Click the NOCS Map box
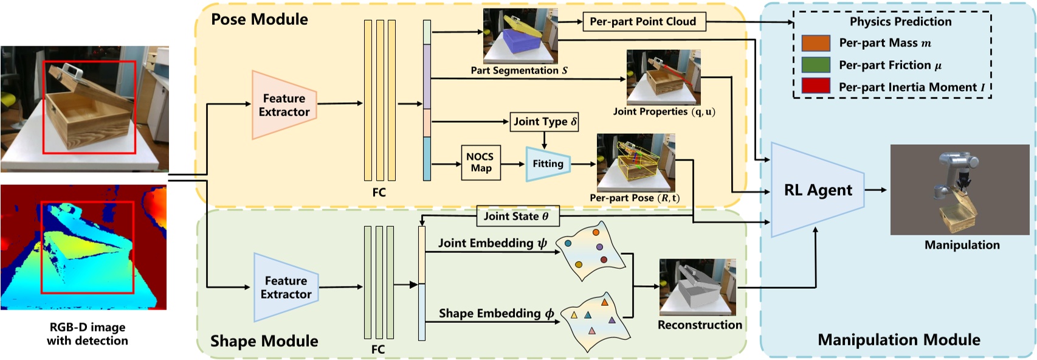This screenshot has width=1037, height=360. [x=481, y=162]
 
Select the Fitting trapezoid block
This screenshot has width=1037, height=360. [x=548, y=164]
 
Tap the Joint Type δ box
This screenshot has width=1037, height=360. [x=544, y=122]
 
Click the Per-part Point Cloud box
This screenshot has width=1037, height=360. [x=643, y=22]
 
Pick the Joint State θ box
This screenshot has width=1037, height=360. [x=517, y=216]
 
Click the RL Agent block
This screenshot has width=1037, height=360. [x=817, y=190]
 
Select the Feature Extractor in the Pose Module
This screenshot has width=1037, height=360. [x=284, y=105]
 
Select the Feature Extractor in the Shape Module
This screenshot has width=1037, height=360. [x=286, y=288]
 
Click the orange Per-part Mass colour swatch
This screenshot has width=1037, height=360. [x=815, y=43]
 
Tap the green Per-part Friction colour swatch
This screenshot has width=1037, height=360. [x=815, y=64]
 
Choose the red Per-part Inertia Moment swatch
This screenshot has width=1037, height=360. [x=815, y=86]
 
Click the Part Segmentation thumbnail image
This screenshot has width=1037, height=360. [x=520, y=36]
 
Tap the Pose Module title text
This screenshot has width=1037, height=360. [x=260, y=19]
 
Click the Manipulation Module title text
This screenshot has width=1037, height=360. [x=898, y=340]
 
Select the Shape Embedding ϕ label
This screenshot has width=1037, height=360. [x=496, y=314]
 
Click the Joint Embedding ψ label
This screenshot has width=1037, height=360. [x=492, y=243]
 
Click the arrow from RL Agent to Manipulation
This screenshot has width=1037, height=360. [x=875, y=190]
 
